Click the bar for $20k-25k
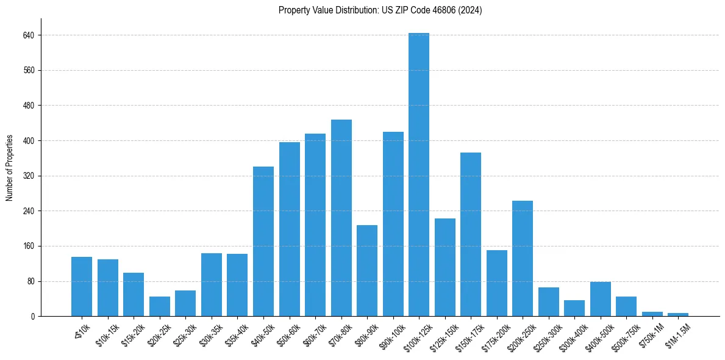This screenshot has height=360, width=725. click(x=160, y=306)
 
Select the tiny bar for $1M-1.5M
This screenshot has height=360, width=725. click(x=678, y=314)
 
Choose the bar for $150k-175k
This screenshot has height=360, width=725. click(x=471, y=234)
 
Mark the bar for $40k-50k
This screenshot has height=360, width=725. click(x=263, y=241)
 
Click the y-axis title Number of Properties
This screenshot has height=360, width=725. click(x=10, y=167)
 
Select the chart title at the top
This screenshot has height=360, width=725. click(x=380, y=10)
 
